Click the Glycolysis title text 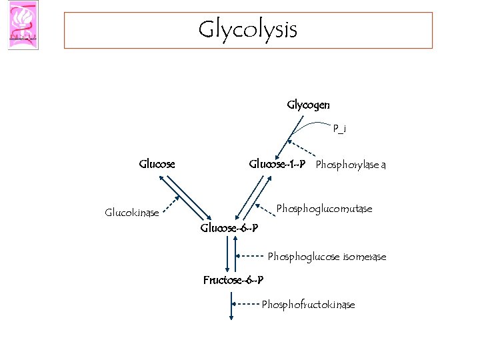[x=247, y=29]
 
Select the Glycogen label [x=307, y=105]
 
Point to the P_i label [x=339, y=129]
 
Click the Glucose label [x=157, y=163]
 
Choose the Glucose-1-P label [x=277, y=163]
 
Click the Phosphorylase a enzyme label [x=351, y=164]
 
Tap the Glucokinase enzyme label [x=132, y=213]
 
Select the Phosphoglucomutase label [x=324, y=209]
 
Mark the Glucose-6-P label [x=229, y=229]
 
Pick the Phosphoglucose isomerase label [x=327, y=256]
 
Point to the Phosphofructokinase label [x=308, y=305]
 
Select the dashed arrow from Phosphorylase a [x=302, y=149]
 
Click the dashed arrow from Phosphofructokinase [x=247, y=305]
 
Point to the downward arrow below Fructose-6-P [x=231, y=307]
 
